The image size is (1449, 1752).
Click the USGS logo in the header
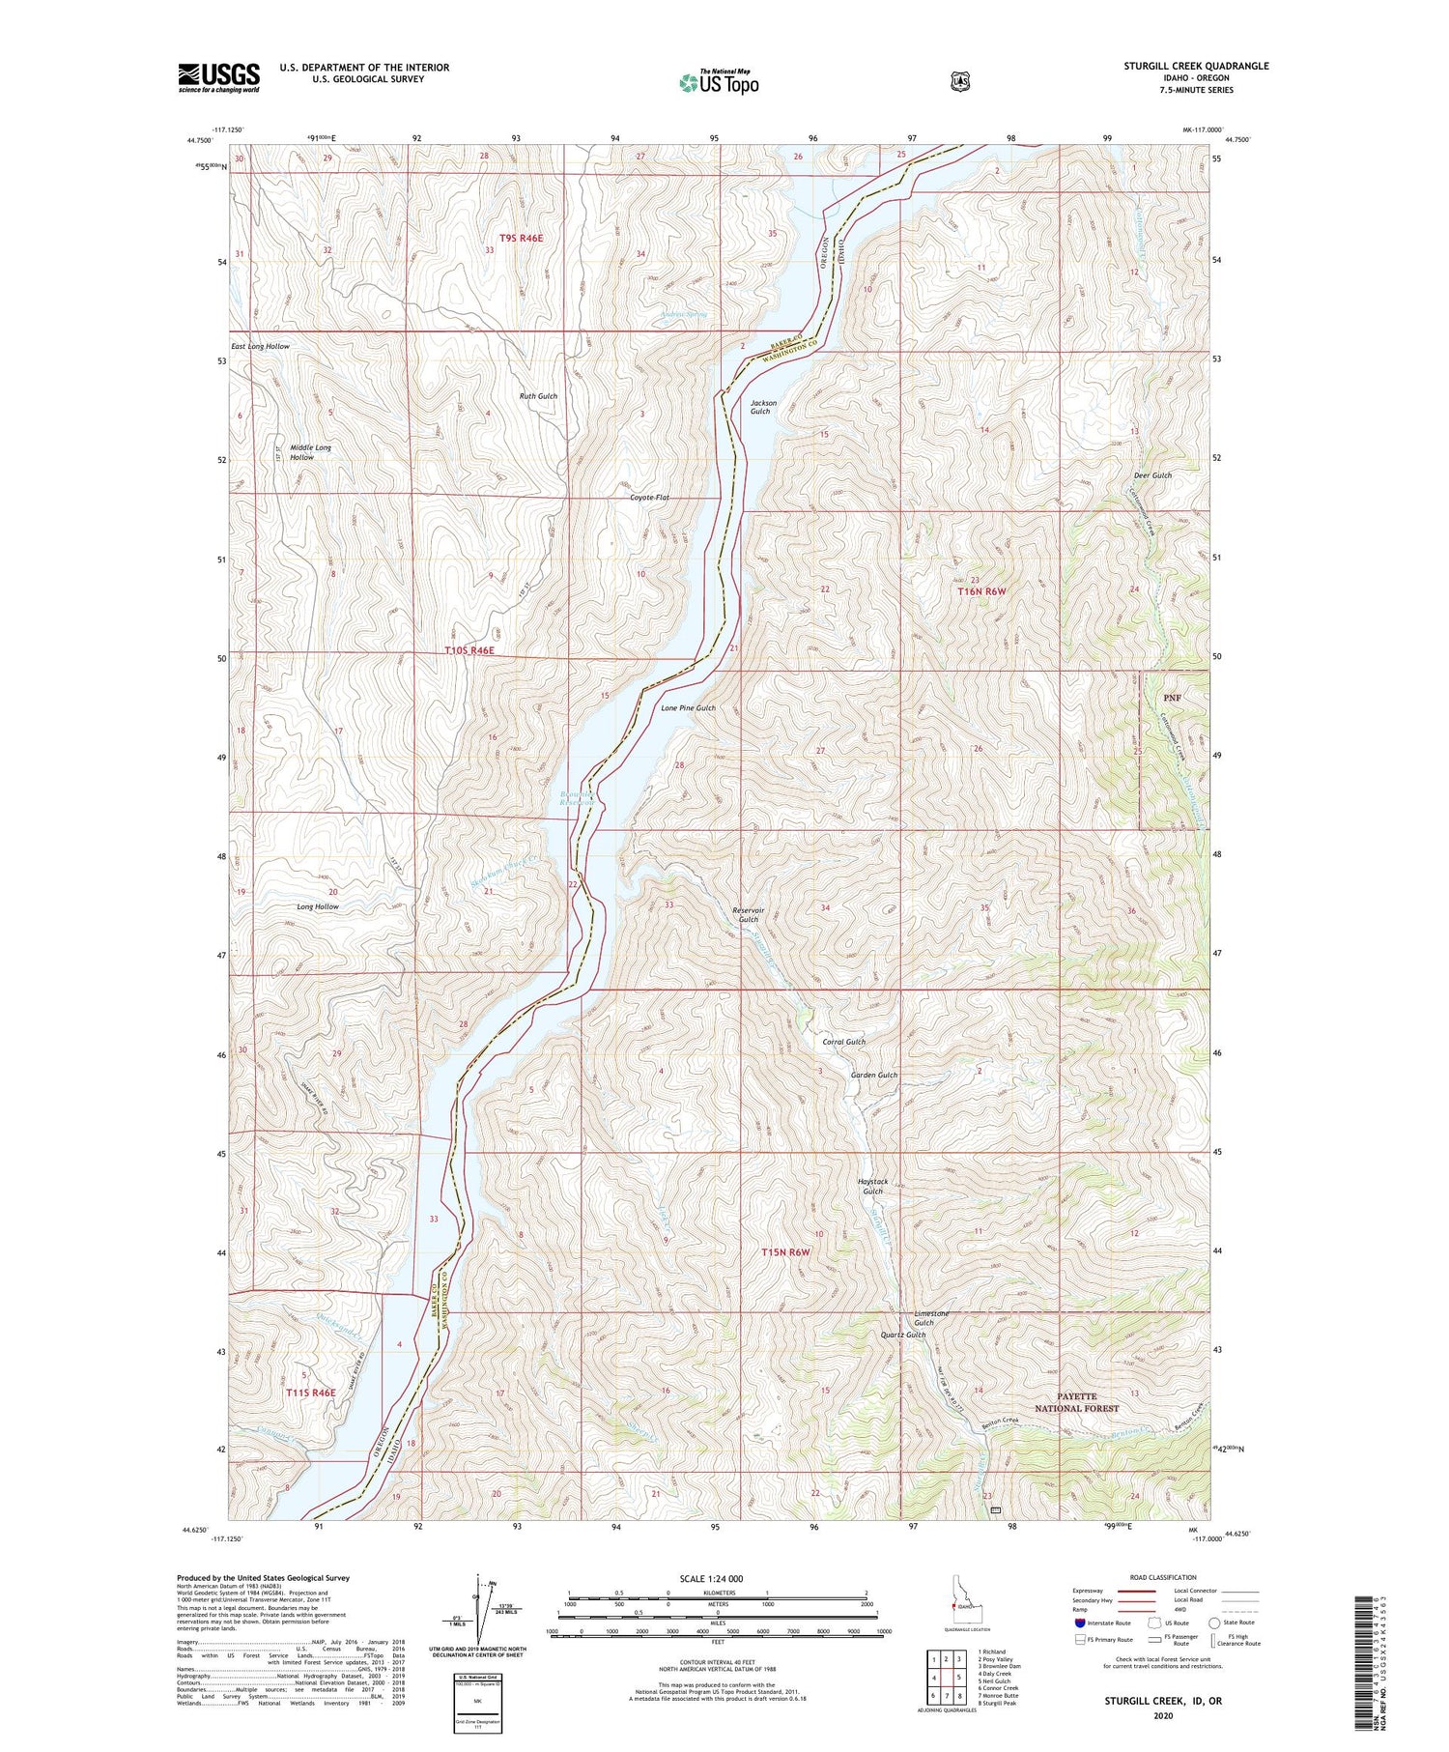(x=219, y=77)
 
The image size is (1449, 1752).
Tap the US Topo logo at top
(x=719, y=82)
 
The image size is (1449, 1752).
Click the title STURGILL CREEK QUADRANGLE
(x=1196, y=66)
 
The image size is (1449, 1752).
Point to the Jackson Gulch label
(x=760, y=407)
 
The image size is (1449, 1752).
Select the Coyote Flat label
(x=649, y=498)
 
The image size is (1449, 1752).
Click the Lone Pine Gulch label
(x=688, y=707)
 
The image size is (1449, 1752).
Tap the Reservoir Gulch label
(x=748, y=914)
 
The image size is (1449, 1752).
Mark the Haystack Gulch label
(x=872, y=1186)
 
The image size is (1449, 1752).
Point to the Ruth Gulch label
(x=538, y=396)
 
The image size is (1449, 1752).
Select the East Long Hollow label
(x=260, y=346)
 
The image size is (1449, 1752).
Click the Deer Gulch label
(x=1152, y=475)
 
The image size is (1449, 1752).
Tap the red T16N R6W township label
(x=981, y=590)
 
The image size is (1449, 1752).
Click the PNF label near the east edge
(x=1172, y=697)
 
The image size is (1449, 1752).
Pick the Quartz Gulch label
(x=903, y=1335)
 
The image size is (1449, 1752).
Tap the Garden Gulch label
(x=873, y=1075)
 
